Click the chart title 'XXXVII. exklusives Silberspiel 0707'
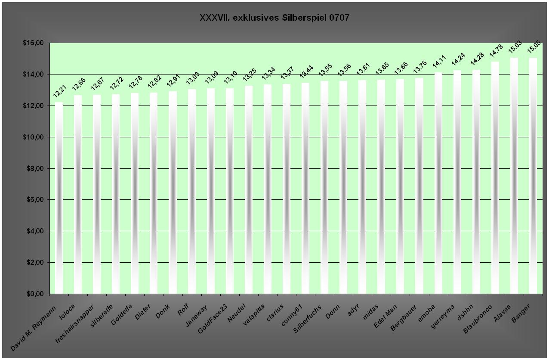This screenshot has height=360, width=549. coord(274,18)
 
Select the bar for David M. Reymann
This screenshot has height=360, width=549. coord(59,198)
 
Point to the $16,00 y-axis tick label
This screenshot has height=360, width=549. coord(34,43)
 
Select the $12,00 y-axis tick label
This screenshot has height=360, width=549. coord(34,106)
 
